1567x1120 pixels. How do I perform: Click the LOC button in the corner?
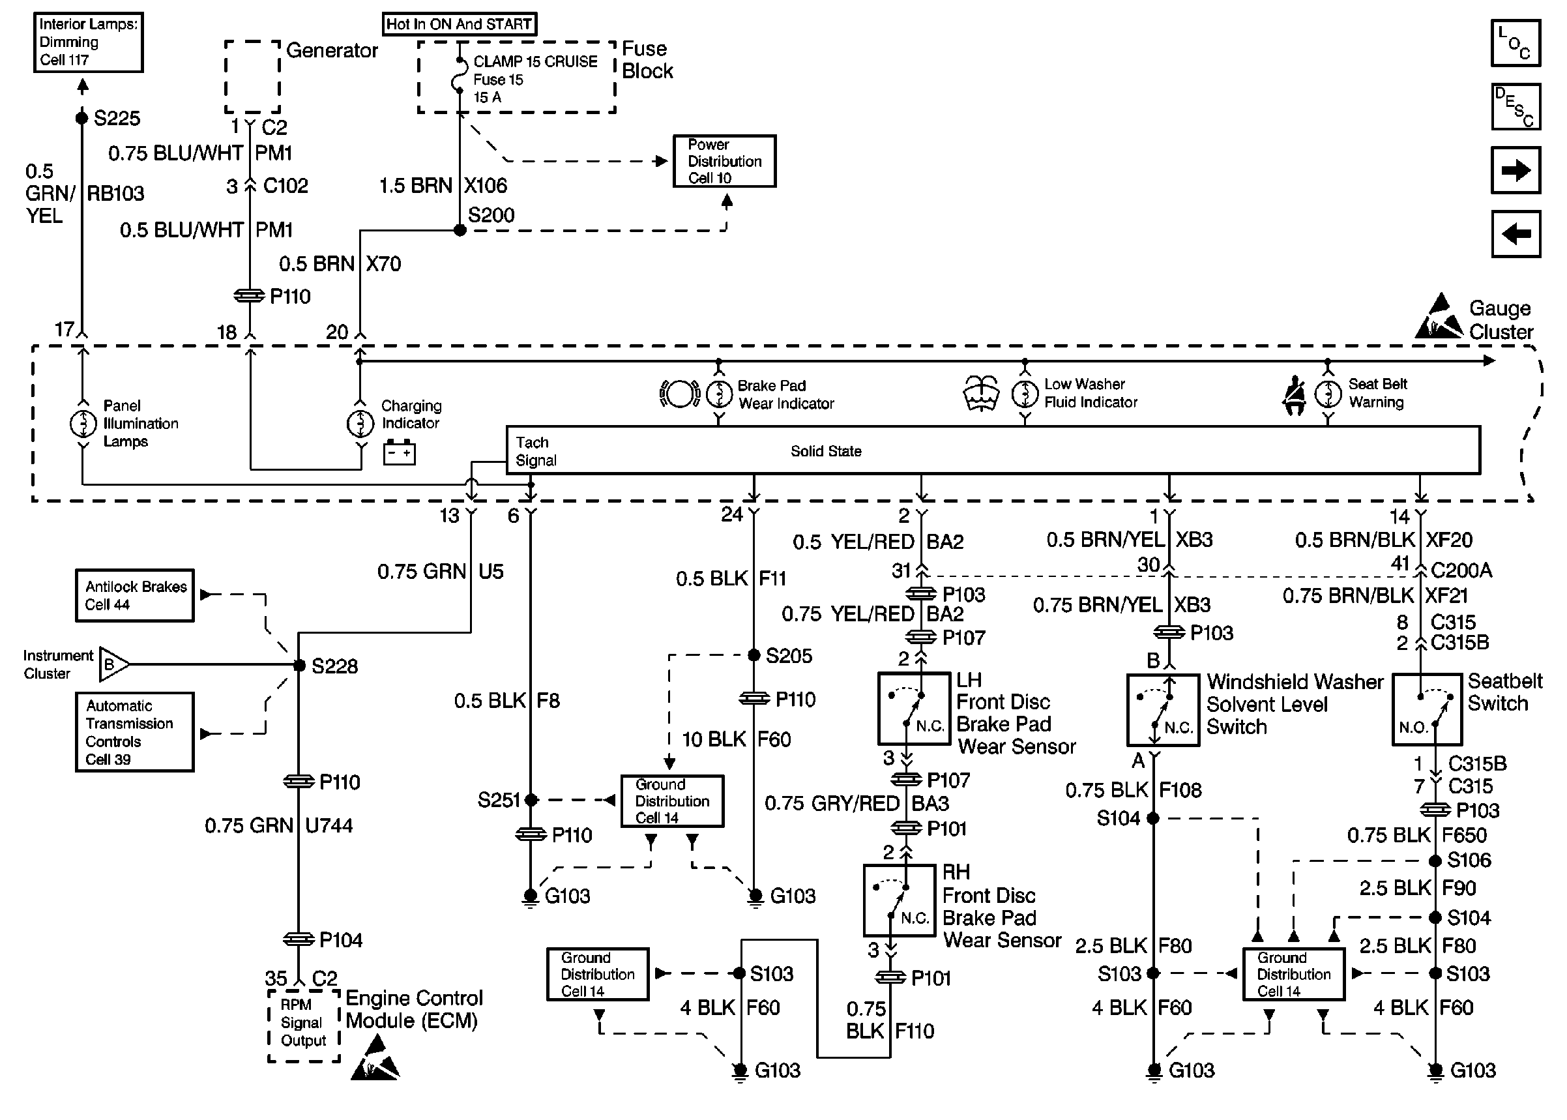1515,43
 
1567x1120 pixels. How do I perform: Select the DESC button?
1515,107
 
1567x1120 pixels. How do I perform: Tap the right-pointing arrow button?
1515,169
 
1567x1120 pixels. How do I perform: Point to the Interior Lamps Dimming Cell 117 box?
88,42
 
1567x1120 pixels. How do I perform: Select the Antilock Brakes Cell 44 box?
134,595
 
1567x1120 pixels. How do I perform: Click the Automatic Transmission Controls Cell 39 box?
134,731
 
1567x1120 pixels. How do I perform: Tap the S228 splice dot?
299,666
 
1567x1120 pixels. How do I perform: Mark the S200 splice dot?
460,230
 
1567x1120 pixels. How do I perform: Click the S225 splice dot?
82,118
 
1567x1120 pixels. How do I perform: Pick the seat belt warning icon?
1294,395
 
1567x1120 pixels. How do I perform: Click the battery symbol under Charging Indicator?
399,452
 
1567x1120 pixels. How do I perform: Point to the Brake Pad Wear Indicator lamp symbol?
719,394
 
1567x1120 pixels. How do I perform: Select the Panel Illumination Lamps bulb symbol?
83,424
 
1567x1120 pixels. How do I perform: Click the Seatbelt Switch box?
1426,710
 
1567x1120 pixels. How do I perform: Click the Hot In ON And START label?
459,24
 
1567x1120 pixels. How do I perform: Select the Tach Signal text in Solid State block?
536,451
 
